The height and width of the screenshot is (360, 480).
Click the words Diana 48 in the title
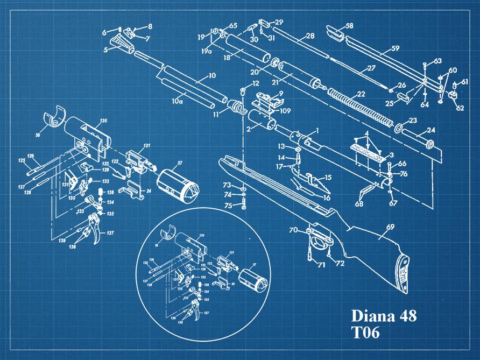click(x=383, y=316)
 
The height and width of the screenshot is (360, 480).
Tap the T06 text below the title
click(x=366, y=333)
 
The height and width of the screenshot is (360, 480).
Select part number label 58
click(x=349, y=25)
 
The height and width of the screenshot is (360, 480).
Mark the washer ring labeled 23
click(x=399, y=129)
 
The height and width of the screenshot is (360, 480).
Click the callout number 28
click(x=309, y=36)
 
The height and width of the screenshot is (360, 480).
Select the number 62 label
click(x=460, y=108)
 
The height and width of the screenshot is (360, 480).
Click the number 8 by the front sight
click(x=150, y=26)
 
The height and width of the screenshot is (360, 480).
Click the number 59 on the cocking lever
click(x=395, y=48)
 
